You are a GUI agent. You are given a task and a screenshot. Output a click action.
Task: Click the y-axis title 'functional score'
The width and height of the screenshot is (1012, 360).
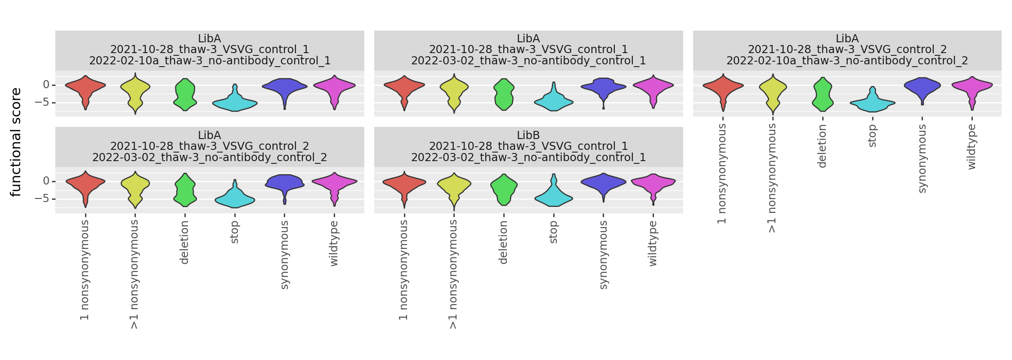pyautogui.click(x=16, y=142)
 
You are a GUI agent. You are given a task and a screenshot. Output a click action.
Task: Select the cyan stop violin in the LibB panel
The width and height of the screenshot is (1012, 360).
pyautogui.click(x=554, y=198)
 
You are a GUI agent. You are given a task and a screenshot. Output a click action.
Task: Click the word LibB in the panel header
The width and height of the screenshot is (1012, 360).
pyautogui.click(x=528, y=135)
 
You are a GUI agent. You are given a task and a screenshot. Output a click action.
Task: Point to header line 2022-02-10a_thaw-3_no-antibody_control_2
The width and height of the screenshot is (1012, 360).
pyautogui.click(x=847, y=61)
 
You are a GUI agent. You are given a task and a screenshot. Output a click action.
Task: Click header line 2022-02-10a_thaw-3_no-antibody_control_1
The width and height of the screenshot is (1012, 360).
pyautogui.click(x=210, y=61)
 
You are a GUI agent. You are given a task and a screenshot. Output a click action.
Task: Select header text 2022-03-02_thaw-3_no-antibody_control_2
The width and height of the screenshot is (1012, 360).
pyautogui.click(x=210, y=157)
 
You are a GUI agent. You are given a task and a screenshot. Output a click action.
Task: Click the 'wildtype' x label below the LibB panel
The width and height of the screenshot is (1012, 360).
pyautogui.click(x=653, y=243)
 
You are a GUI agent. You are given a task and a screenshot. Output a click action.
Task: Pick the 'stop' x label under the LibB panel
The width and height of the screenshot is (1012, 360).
pyautogui.click(x=554, y=232)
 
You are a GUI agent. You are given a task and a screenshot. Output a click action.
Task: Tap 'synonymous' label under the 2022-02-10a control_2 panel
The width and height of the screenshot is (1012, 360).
pyautogui.click(x=922, y=158)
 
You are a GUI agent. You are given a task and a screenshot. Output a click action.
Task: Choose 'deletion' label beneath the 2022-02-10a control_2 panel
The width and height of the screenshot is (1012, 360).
pyautogui.click(x=822, y=146)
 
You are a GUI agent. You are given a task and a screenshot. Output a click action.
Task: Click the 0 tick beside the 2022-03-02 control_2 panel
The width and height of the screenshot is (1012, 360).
pyautogui.click(x=46, y=181)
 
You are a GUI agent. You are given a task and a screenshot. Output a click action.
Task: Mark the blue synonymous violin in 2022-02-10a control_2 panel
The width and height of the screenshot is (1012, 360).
pyautogui.click(x=922, y=85)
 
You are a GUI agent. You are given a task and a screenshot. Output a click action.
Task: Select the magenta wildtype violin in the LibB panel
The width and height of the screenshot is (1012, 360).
pyautogui.click(x=653, y=182)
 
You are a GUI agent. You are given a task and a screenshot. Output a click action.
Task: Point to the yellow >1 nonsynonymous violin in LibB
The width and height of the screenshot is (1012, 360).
pyautogui.click(x=454, y=184)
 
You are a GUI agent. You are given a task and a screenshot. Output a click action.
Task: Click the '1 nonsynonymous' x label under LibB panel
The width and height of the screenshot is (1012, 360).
pyautogui.click(x=403, y=270)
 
